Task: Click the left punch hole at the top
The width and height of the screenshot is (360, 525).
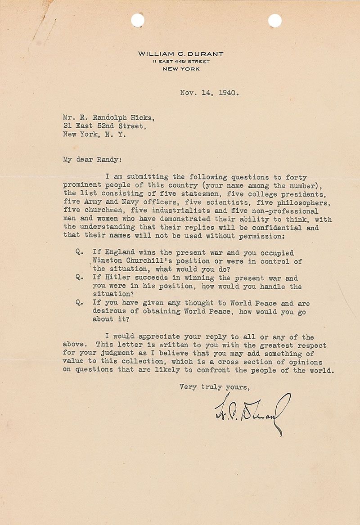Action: [x=138, y=20]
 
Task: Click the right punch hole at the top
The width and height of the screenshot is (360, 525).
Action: [x=274, y=20]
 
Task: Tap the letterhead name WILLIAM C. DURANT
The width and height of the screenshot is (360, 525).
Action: [x=181, y=54]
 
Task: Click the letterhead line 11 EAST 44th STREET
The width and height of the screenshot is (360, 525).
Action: [x=181, y=62]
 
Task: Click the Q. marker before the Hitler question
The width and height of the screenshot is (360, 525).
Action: [x=79, y=278]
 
